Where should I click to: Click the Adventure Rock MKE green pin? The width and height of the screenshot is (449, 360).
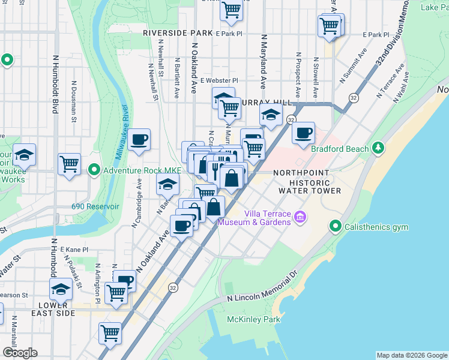pos(94,170)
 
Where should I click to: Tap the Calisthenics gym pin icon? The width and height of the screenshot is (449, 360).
pos(336,227)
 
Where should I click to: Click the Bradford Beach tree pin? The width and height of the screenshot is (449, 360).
pos(377,148)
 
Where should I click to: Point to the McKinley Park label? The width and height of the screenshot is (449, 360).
pos(253,319)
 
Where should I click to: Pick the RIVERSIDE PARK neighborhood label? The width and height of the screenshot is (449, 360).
pos(178,33)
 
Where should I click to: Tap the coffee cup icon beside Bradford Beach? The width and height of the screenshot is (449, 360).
pos(304,132)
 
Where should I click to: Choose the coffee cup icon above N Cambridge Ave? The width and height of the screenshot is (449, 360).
pos(139,140)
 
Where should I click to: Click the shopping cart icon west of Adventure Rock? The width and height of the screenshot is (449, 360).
pos(70,163)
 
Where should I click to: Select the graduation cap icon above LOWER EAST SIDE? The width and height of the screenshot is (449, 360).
pos(60,289)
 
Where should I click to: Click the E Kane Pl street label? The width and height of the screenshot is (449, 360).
pos(74,249)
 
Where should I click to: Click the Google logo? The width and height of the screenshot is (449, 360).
pos(20,353)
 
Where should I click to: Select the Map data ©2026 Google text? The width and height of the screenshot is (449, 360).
pos(411,355)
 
